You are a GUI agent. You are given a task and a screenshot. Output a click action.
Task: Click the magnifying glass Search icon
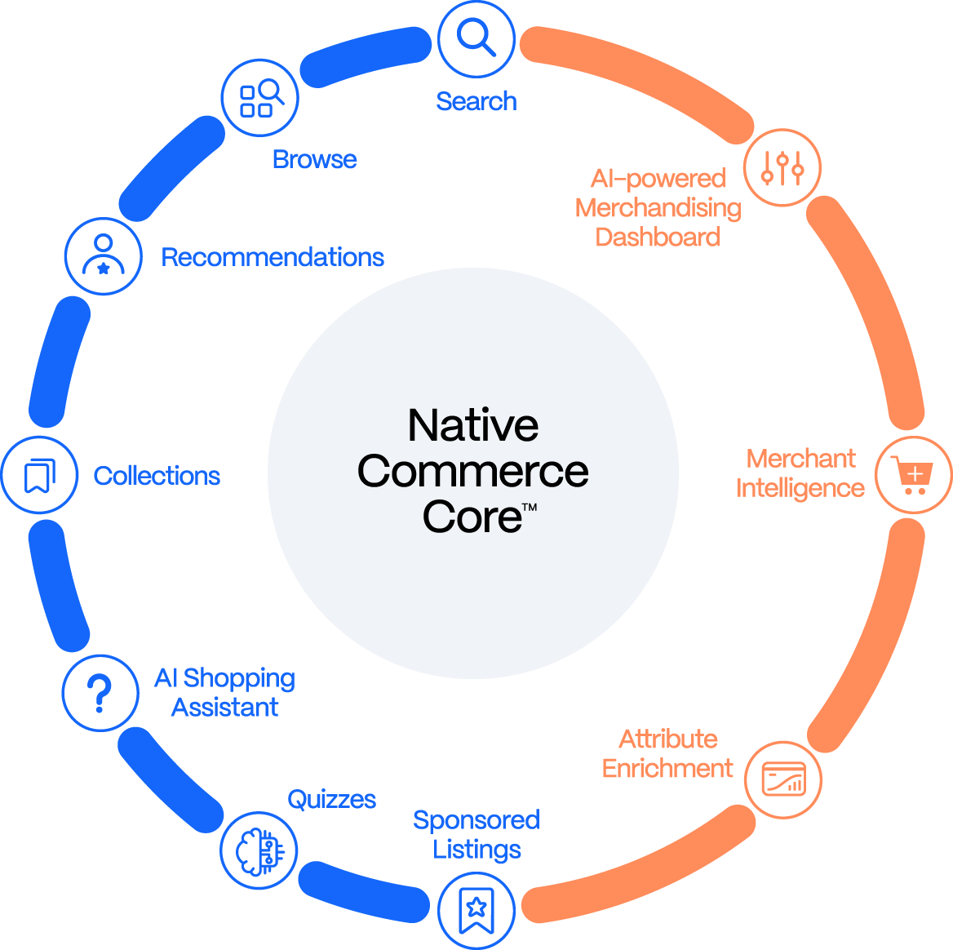(476, 38)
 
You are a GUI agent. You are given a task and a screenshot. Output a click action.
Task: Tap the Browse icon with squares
(260, 98)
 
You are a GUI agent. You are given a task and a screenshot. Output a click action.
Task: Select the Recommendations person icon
(103, 256)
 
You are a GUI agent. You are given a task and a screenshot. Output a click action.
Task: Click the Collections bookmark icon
(39, 475)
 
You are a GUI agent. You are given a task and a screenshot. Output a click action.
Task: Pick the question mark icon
(100, 693)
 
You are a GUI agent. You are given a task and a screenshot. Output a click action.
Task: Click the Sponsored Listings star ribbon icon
(476, 909)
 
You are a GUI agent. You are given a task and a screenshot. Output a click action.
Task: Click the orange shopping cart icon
(913, 474)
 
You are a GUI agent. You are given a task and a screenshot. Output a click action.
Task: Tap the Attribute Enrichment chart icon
(783, 779)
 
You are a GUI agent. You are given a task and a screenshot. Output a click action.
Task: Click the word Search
(476, 101)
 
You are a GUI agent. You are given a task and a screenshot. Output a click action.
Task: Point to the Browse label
(315, 159)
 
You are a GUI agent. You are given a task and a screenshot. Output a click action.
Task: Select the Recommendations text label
(273, 257)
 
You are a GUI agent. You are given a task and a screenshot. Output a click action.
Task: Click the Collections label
(157, 476)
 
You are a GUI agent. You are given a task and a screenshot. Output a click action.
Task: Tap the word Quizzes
(332, 799)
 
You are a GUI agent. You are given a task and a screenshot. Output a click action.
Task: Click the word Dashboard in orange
(658, 237)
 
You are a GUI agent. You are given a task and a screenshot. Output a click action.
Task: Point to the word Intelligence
(800, 488)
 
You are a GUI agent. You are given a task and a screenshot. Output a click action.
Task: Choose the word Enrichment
(667, 769)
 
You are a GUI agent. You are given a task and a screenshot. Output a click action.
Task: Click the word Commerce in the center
(473, 472)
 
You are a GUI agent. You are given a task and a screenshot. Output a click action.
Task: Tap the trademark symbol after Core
(529, 508)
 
